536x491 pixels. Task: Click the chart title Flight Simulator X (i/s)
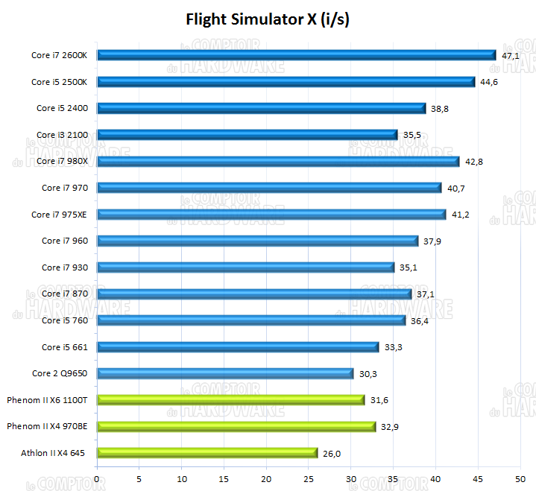click(x=268, y=19)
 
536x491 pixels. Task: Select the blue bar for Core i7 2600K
click(x=297, y=54)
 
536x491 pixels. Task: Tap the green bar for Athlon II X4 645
click(x=207, y=452)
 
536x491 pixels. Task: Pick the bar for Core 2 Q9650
click(x=225, y=373)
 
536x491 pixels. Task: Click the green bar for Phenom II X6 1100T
click(x=231, y=400)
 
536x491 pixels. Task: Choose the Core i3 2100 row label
click(x=62, y=135)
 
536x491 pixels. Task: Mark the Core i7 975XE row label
click(x=60, y=215)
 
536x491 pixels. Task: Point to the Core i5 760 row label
click(x=65, y=320)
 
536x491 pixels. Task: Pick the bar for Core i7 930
click(x=246, y=267)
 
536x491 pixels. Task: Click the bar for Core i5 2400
click(x=262, y=108)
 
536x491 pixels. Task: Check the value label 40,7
click(x=456, y=189)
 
